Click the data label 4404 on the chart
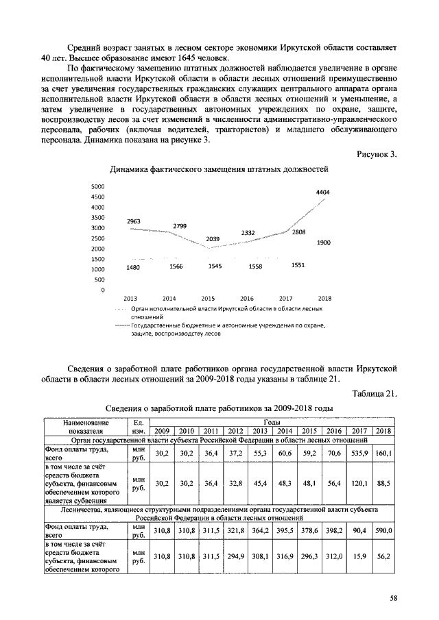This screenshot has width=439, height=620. tap(322, 193)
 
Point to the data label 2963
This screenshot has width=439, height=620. tap(134, 221)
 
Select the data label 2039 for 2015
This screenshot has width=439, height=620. tap(213, 239)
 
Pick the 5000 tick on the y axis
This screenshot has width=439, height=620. tap(97, 186)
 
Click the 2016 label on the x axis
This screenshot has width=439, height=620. tap(246, 298)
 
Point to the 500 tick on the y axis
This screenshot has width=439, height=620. tap(99, 280)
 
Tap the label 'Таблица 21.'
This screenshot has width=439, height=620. tap(375, 393)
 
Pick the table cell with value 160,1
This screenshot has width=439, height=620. tap(383, 454)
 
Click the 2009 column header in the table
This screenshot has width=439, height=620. tap(162, 431)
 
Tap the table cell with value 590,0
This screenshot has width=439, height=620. tap(383, 531)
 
